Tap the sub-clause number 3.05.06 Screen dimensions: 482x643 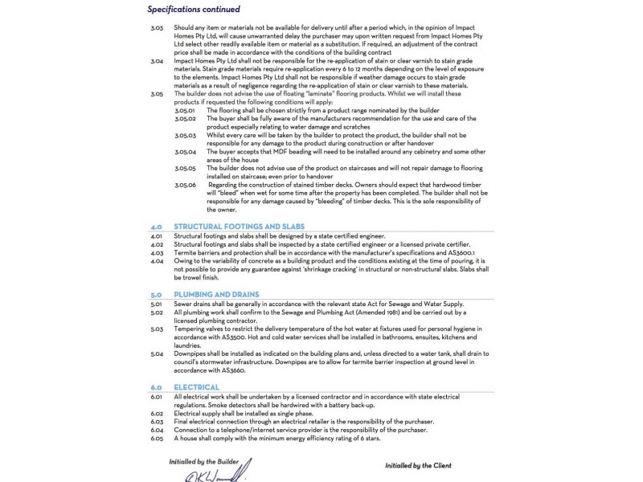coord(185,184)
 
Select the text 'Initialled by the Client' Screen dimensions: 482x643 coord(418,465)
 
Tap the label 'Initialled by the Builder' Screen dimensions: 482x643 coord(205,461)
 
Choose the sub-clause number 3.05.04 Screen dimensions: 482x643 coord(185,151)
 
